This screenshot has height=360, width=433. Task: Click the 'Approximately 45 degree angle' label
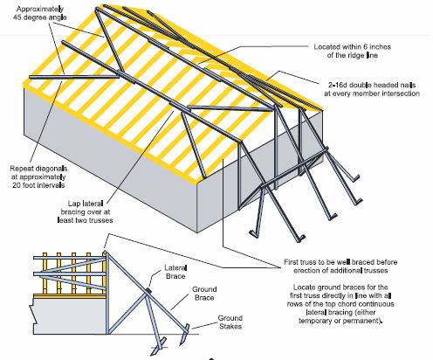39,13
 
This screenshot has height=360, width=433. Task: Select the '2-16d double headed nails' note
372,89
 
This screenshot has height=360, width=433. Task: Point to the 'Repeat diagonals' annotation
38,177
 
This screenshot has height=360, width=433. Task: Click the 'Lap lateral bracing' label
86,211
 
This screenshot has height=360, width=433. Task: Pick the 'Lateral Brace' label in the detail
175,272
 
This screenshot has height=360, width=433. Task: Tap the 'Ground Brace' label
204,294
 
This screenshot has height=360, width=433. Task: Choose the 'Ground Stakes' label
230,322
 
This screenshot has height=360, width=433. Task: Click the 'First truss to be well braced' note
340,267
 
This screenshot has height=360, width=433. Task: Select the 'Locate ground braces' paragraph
340,304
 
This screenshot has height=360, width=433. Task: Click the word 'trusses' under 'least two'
99,220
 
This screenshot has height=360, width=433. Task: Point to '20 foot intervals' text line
38,185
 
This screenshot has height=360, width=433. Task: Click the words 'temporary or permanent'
340,321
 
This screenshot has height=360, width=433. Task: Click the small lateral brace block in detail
148,290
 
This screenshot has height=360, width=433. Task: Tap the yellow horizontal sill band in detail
70,296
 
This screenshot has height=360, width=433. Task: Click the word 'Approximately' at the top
39,10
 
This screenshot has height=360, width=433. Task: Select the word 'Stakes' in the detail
230,326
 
